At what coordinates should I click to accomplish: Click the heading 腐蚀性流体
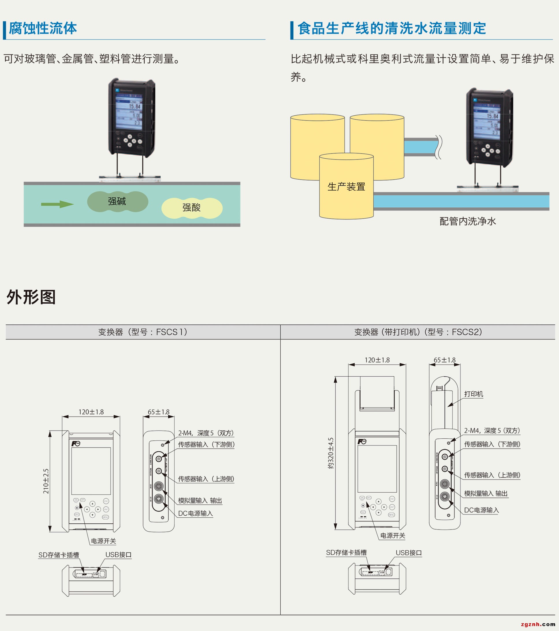coord(43,28)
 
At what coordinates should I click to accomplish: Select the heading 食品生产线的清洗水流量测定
coord(392,28)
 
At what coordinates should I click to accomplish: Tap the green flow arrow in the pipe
coord(57,204)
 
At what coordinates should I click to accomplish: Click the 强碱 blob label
coord(117,202)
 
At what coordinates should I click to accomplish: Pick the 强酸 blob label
coord(192,207)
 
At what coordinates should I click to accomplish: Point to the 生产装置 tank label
coord(346,187)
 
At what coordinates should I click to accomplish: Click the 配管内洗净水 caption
coord(467,221)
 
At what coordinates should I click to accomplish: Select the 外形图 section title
coord(31,297)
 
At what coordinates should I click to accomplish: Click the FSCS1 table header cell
coord(143,332)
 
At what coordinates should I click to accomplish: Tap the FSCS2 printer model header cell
coord(418,332)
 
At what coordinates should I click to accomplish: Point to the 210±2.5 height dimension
coord(46,481)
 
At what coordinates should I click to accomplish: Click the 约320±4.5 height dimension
coord(331,453)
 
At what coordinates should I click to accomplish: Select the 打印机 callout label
coord(474,394)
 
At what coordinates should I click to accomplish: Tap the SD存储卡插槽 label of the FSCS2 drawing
coord(346,552)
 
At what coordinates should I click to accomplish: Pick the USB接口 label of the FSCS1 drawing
coord(118,555)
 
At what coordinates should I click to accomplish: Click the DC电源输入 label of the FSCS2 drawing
coord(481,510)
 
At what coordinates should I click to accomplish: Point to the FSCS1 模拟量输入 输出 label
coord(200,500)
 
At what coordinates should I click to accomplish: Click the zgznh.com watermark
coord(538,624)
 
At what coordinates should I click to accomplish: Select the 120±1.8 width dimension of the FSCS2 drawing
coord(377,360)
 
